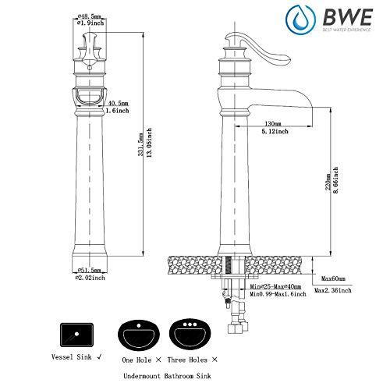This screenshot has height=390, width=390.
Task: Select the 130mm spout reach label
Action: [272, 123]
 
